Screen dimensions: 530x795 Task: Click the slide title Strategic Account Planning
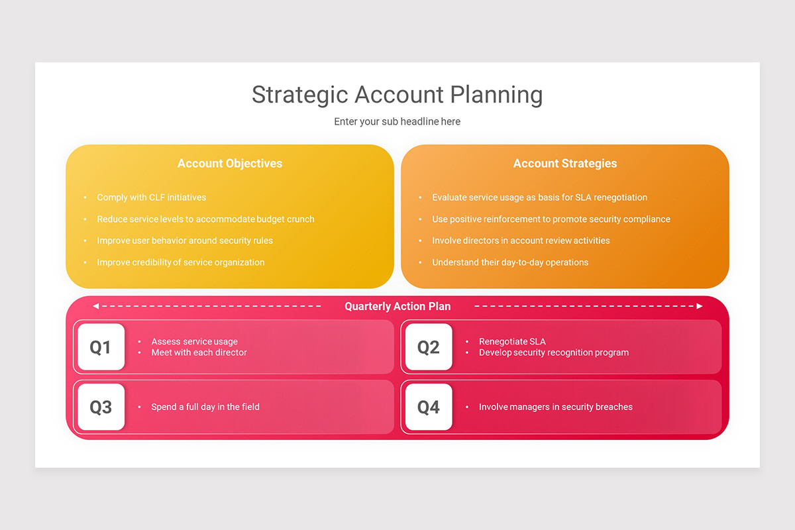(x=397, y=95)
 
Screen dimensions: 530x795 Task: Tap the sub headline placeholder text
(x=397, y=122)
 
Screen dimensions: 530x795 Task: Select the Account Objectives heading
(x=230, y=164)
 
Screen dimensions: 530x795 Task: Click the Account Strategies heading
(x=565, y=164)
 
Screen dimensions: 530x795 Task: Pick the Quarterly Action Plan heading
(x=397, y=306)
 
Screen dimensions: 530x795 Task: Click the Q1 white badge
(x=101, y=346)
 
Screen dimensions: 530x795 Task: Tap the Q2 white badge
(x=428, y=346)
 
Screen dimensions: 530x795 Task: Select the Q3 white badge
(x=101, y=407)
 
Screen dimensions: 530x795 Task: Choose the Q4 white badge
(x=428, y=407)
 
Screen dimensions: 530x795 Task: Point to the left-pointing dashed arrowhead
(x=96, y=306)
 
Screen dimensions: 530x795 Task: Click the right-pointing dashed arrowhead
(x=699, y=306)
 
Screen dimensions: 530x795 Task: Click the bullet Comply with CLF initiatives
(x=151, y=197)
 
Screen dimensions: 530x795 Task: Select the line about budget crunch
(x=205, y=219)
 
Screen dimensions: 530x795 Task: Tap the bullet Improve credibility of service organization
(x=180, y=262)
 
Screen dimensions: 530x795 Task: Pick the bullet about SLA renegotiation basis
(x=539, y=197)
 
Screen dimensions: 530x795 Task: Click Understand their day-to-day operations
(x=510, y=262)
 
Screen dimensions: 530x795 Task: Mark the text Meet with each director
(x=199, y=352)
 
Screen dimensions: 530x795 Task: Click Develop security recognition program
(x=554, y=352)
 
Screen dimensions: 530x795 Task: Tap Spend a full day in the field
(x=205, y=407)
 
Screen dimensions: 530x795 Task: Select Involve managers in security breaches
(x=555, y=407)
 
